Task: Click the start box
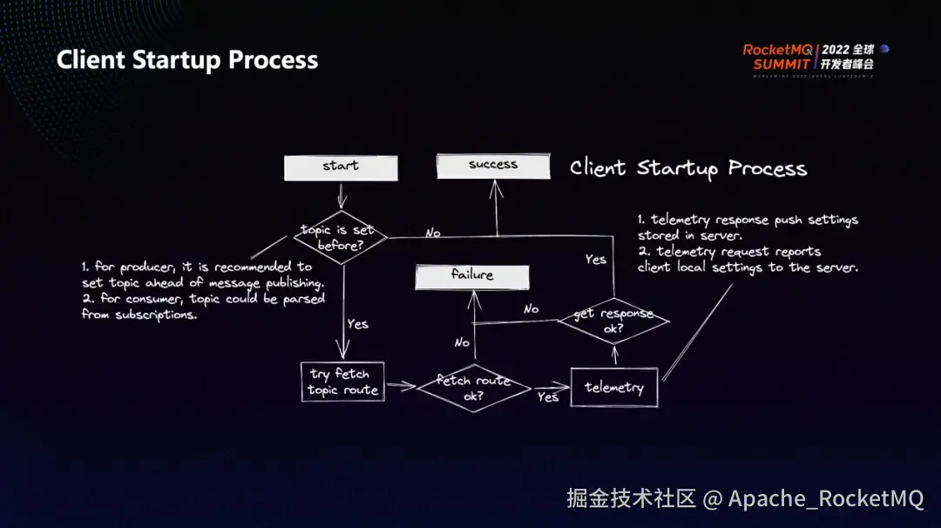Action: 341,167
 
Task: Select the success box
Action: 493,166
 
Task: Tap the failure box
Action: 472,276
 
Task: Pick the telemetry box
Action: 614,388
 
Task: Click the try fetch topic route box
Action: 342,382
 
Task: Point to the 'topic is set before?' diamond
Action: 339,237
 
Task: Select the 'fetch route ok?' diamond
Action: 474,388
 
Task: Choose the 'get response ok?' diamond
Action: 613,320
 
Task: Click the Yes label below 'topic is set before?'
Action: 358,324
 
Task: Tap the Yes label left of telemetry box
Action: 548,397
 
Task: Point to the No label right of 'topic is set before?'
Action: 432,233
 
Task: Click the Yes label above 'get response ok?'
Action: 596,259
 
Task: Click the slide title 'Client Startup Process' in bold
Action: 187,60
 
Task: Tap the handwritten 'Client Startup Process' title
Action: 688,168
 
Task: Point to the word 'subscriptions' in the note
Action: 159,315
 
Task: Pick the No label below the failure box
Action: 462,342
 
